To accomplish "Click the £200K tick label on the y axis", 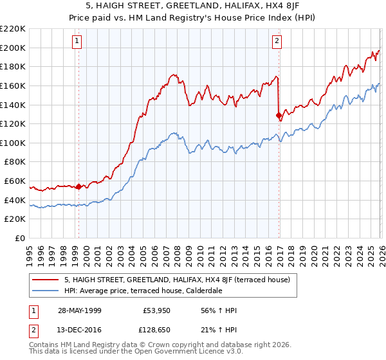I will pyautogui.click(x=13, y=48).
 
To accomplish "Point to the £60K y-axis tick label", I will pyautogui.click(x=15, y=181).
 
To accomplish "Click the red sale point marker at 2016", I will pyautogui.click(x=279, y=116).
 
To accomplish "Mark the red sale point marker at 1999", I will pyautogui.click(x=78, y=187).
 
